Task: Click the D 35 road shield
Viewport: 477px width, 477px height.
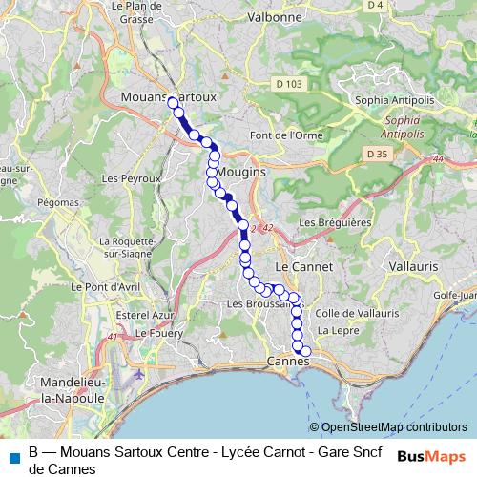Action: [376, 154]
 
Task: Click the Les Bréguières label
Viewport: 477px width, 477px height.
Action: [330, 222]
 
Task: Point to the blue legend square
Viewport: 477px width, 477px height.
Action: [14, 457]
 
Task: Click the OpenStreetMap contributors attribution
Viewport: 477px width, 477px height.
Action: [394, 427]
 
